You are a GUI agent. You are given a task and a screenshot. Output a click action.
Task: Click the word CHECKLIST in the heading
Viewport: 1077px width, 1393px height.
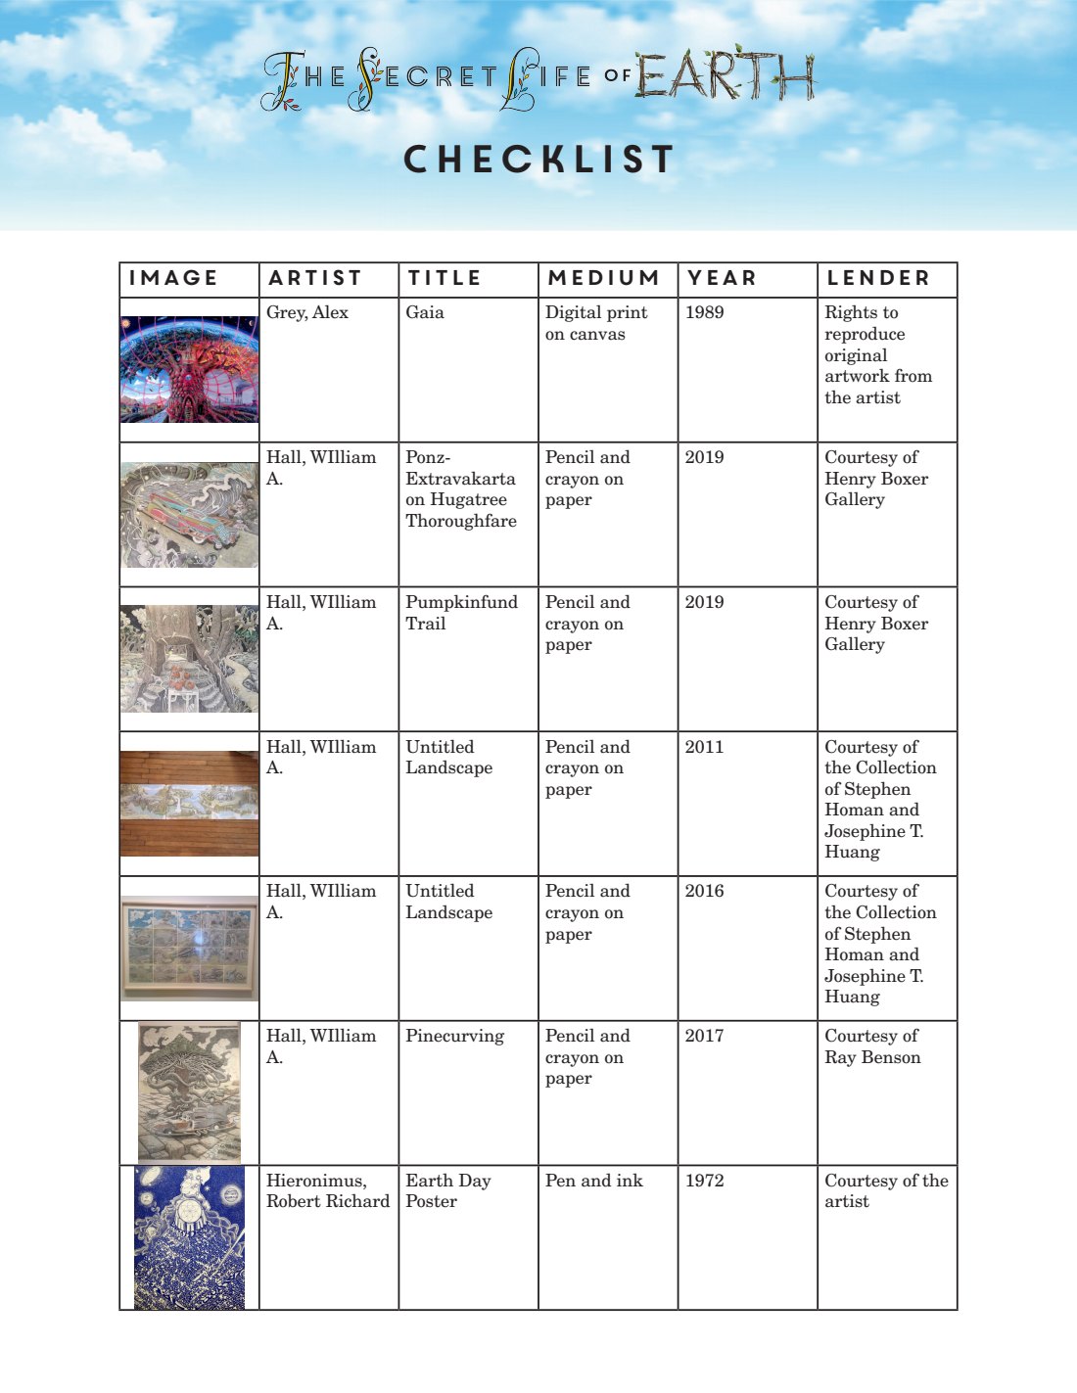538,160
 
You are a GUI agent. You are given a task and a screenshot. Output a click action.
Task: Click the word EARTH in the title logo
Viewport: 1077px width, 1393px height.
725,75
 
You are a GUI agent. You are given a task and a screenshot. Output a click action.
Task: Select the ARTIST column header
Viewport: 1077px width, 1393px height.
315,278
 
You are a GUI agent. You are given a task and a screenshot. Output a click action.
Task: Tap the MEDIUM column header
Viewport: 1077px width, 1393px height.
603,278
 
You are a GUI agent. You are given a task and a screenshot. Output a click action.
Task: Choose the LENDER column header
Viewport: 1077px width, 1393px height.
878,278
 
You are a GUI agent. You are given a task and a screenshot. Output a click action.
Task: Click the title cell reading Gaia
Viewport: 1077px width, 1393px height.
425,312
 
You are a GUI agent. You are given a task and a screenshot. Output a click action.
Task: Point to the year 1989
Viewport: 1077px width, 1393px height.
704,312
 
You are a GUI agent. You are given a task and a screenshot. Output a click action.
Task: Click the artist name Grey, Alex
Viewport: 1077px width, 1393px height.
307,312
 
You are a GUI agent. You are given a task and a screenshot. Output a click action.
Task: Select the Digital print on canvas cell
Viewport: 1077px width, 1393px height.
595,323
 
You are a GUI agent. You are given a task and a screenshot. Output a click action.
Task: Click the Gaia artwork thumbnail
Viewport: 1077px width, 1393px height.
189,368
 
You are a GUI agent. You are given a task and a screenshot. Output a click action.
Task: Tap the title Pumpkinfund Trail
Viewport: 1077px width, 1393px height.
461,613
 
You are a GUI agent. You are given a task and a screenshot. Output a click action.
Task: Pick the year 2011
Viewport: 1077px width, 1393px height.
704,747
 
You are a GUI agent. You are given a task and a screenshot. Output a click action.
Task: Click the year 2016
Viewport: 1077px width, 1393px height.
704,891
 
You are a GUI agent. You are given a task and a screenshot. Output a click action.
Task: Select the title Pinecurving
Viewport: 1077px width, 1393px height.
454,1036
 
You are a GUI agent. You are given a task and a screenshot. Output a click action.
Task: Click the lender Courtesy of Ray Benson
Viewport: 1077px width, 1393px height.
872,1046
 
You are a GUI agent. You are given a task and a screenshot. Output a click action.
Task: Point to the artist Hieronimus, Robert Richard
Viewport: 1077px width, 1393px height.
327,1190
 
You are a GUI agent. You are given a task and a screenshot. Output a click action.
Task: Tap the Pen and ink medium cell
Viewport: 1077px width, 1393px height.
593,1181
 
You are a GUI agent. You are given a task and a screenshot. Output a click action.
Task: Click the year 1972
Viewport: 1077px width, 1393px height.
704,1181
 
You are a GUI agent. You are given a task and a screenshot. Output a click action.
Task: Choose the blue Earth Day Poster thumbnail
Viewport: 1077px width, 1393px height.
189,1237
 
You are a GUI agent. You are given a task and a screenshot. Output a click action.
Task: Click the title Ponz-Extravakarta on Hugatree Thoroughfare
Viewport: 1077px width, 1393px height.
461,488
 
